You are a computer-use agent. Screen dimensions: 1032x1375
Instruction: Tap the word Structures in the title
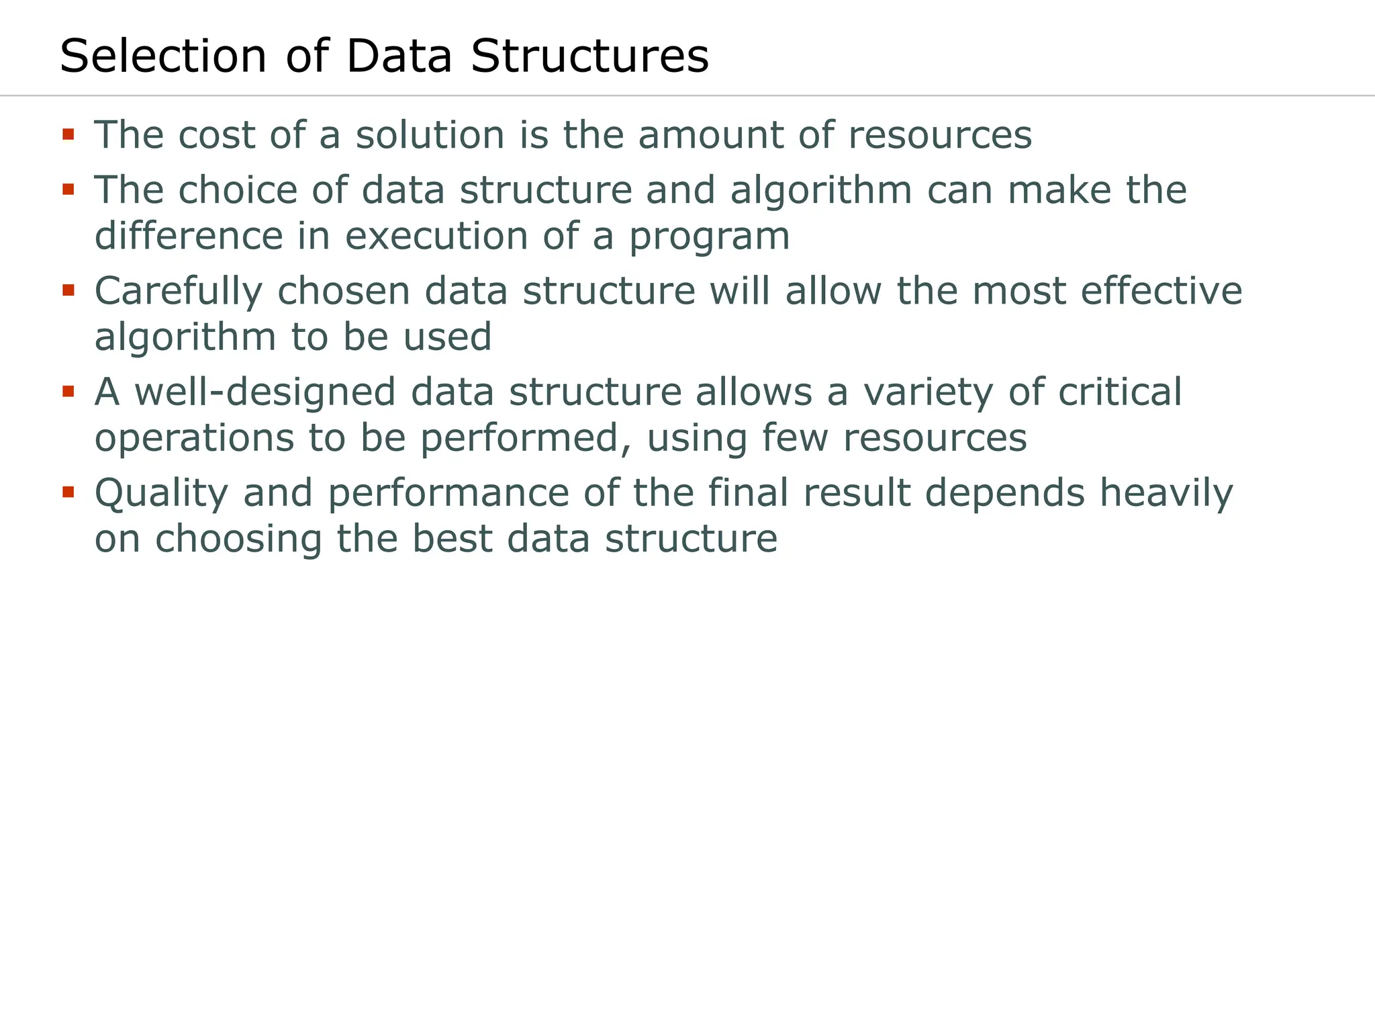[589, 56]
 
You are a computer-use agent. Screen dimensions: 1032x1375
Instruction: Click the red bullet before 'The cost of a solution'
[68, 135]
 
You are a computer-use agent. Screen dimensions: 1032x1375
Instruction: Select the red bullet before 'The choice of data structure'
[68, 190]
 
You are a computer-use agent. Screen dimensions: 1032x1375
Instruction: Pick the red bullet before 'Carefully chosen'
[68, 291]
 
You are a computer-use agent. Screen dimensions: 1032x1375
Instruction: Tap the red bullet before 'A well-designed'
[68, 392]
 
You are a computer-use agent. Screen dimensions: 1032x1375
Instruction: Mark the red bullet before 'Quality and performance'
[68, 492]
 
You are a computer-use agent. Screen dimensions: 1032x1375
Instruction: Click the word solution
[430, 135]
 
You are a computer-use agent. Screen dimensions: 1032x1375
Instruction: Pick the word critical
[1120, 392]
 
